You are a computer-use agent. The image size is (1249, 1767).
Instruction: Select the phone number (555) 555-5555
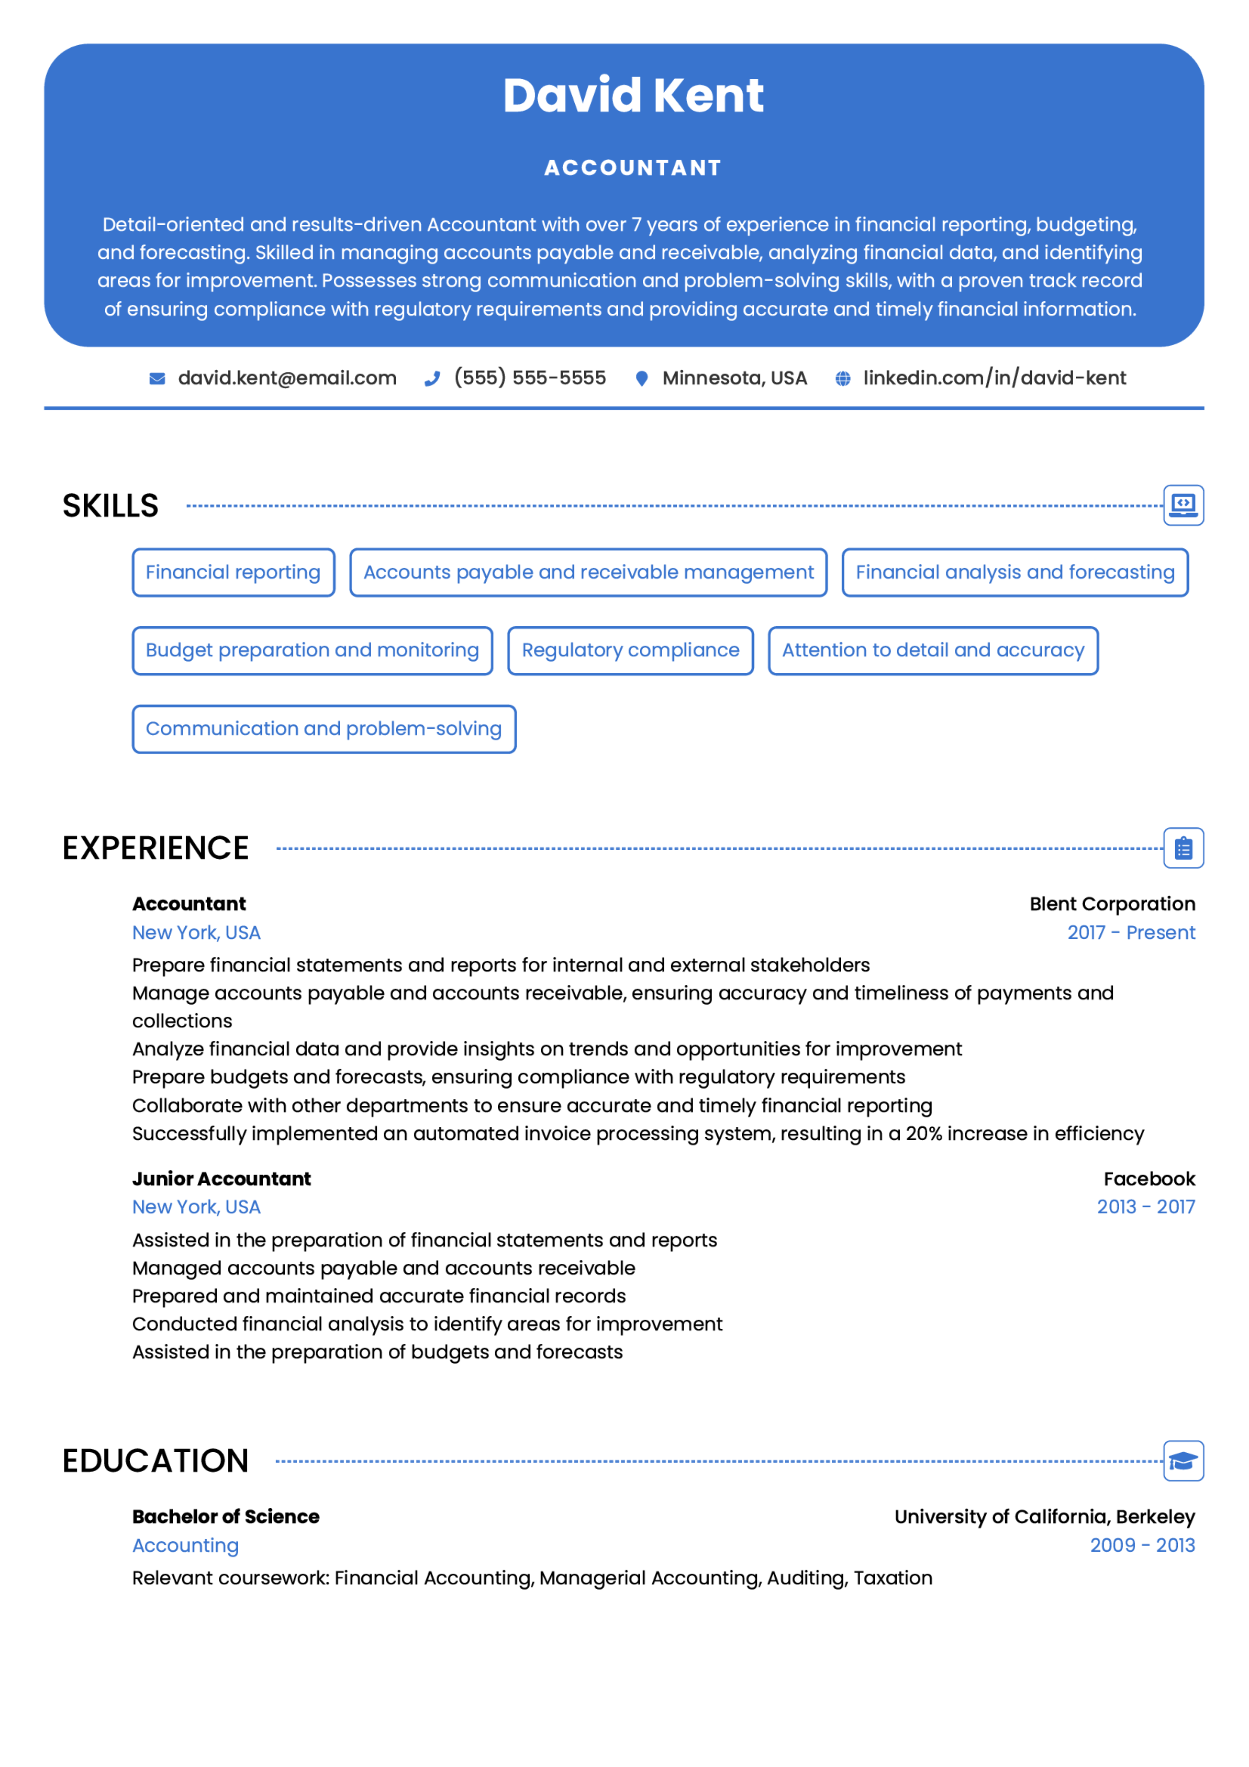[x=530, y=378]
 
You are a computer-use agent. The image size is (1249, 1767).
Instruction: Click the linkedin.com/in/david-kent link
[x=994, y=378]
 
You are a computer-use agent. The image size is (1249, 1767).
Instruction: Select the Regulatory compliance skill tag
[x=630, y=650]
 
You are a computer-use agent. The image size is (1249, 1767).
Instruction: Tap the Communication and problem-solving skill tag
[x=324, y=729]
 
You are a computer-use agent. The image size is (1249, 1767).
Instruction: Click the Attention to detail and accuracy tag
[x=932, y=650]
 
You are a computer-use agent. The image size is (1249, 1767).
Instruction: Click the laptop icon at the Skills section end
[x=1183, y=505]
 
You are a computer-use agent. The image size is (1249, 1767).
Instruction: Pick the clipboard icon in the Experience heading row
[x=1183, y=848]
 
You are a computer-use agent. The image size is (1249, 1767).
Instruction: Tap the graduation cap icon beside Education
[x=1183, y=1461]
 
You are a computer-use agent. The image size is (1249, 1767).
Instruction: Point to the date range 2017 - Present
[x=1130, y=933]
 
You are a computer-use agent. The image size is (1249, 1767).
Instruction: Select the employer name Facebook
[x=1149, y=1179]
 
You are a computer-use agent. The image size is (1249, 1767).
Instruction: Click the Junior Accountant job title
[x=222, y=1179]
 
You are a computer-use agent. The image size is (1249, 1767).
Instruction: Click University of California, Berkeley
[x=1044, y=1517]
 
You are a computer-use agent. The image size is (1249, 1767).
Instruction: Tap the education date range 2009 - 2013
[x=1142, y=1545]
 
